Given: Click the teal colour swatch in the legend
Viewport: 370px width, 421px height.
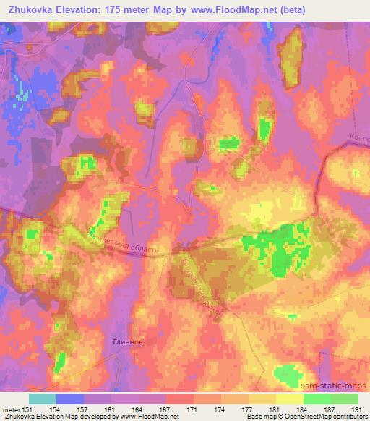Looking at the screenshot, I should click(43, 399).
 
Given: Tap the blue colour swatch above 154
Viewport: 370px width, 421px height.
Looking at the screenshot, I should click(70, 399).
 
